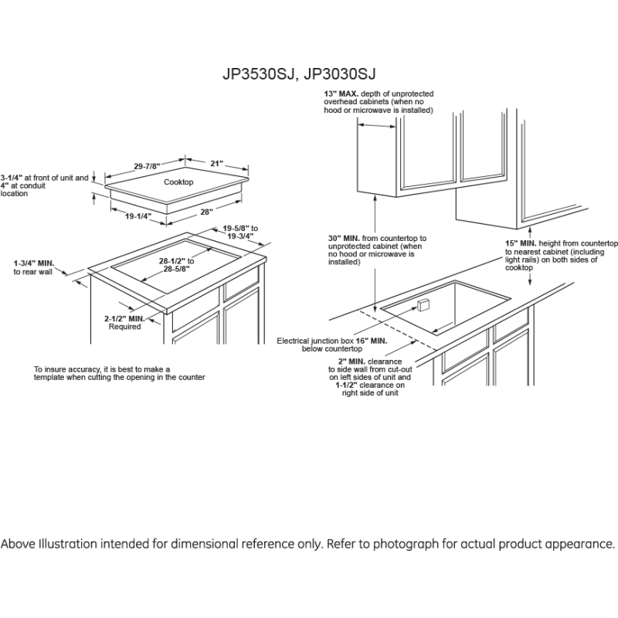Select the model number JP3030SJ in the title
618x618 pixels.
click(x=340, y=74)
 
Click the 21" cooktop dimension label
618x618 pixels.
click(x=216, y=163)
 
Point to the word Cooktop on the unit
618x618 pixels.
click(x=178, y=182)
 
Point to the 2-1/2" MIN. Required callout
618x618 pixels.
click(x=124, y=322)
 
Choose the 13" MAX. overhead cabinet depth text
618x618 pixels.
click(x=379, y=102)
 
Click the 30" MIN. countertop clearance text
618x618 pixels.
click(x=376, y=250)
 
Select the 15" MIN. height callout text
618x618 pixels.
click(x=561, y=251)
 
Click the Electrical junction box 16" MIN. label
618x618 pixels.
click(x=332, y=345)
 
